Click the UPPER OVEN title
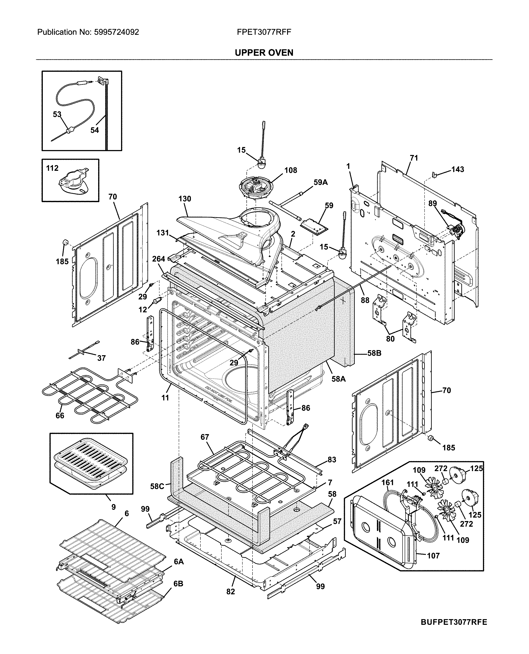264,53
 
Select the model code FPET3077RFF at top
264,32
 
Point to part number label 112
52,168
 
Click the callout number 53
57,114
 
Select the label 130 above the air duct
185,199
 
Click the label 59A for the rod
321,182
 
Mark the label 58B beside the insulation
374,353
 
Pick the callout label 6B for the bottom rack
178,584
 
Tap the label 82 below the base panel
231,592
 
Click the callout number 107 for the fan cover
433,556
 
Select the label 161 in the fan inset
388,482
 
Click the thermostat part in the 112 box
72,184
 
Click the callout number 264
158,259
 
